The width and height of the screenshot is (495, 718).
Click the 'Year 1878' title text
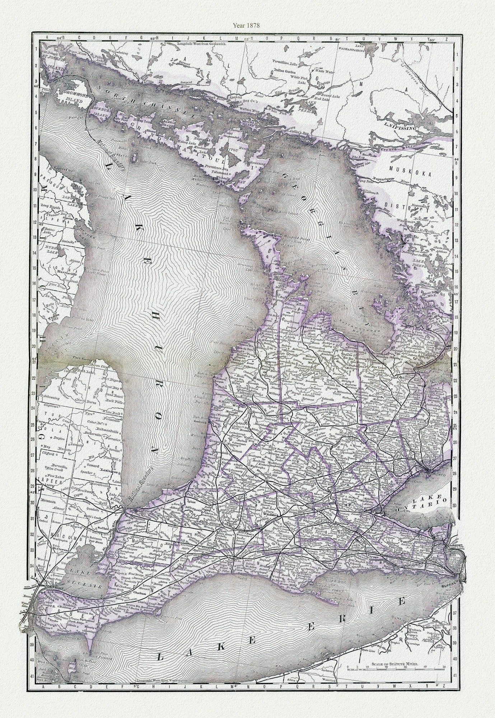(247, 25)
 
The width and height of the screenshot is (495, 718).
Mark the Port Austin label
(84, 359)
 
